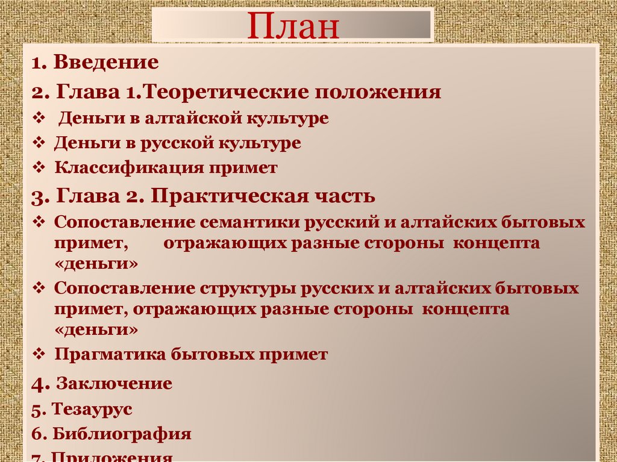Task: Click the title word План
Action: [x=293, y=26]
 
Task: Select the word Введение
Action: [x=105, y=63]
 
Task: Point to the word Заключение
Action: [x=114, y=384]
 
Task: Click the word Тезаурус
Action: [x=92, y=410]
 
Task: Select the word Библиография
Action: [x=122, y=434]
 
